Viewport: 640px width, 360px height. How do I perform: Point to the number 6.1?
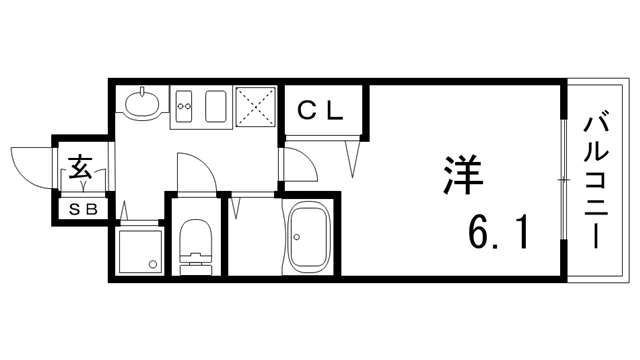496,236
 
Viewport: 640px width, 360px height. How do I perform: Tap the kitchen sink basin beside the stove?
217,106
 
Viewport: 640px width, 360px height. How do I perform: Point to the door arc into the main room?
300,160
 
